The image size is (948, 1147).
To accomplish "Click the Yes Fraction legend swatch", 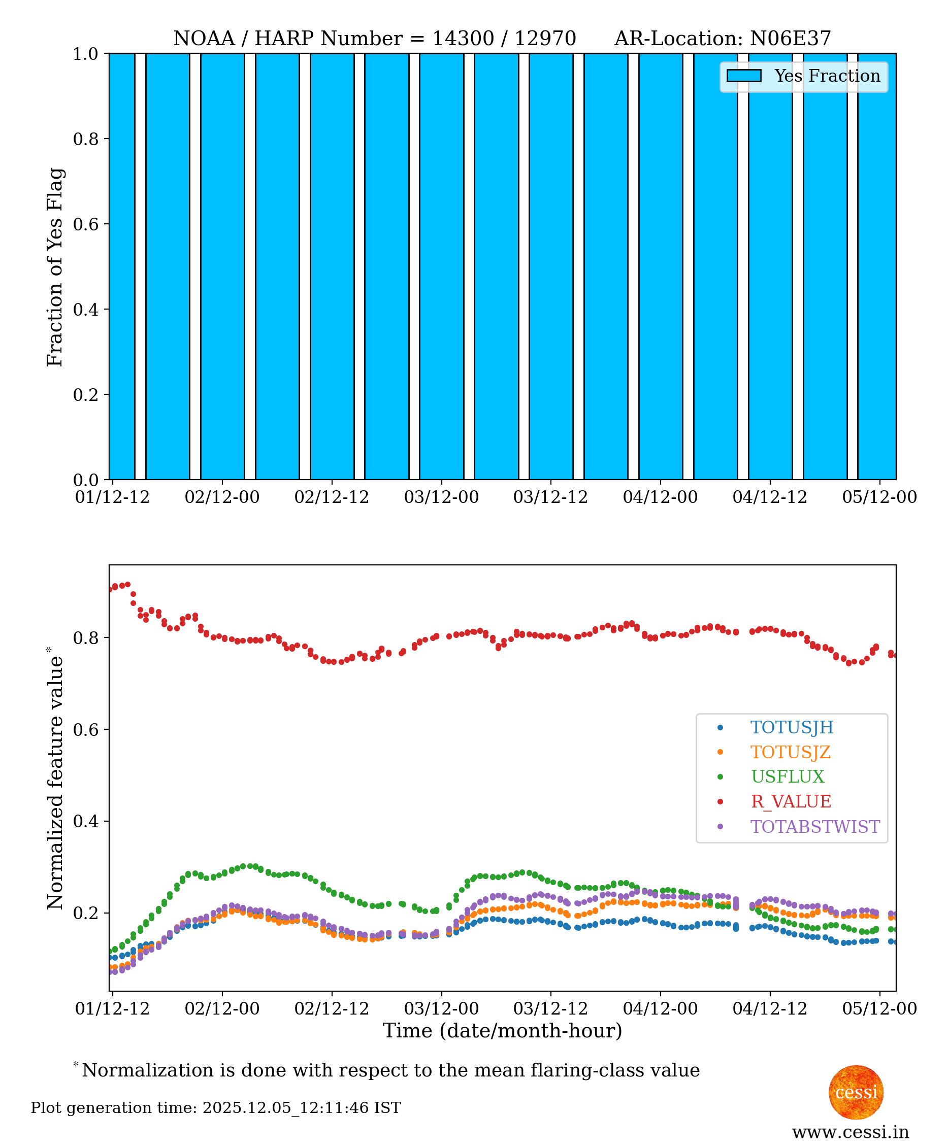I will (744, 76).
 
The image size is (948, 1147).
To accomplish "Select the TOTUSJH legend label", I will (791, 727).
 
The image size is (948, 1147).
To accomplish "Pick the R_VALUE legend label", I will (791, 801).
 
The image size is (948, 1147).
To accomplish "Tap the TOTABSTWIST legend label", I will (815, 827).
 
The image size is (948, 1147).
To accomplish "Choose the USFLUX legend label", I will (788, 777).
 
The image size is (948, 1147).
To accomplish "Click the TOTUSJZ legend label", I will (790, 752).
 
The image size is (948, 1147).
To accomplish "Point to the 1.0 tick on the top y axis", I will (86, 54).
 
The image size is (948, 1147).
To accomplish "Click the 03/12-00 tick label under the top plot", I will (441, 497).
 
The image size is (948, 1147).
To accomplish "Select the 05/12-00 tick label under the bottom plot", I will (879, 1008).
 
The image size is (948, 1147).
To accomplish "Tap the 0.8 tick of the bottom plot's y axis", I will (86, 638).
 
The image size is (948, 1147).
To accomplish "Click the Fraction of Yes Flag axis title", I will (55, 267).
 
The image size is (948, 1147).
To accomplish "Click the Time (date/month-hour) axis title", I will (502, 1031).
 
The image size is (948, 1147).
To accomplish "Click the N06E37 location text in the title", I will (790, 39).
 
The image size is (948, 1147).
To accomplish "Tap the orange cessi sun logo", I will (856, 1092).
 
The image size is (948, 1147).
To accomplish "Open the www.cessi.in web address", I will (850, 1132).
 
